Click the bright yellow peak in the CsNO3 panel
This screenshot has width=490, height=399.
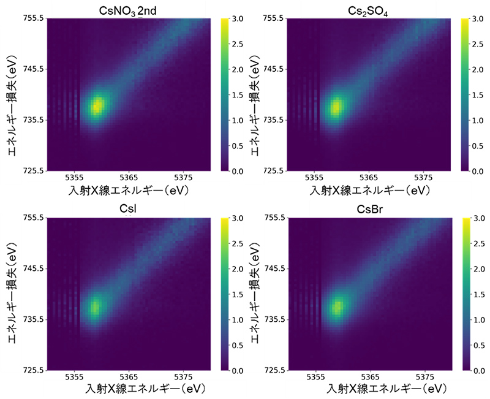pyautogui.click(x=97, y=106)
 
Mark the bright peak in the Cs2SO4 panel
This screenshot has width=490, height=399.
pyautogui.click(x=336, y=108)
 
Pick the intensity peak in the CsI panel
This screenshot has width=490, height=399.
pyautogui.click(x=95, y=307)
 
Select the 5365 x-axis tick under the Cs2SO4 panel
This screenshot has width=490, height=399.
pyautogui.click(x=369, y=179)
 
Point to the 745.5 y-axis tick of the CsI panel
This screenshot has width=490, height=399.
pyautogui.click(x=31, y=268)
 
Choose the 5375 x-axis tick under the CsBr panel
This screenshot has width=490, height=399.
pyautogui.click(x=423, y=378)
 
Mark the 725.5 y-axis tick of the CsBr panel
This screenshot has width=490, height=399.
pyautogui.click(x=271, y=370)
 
